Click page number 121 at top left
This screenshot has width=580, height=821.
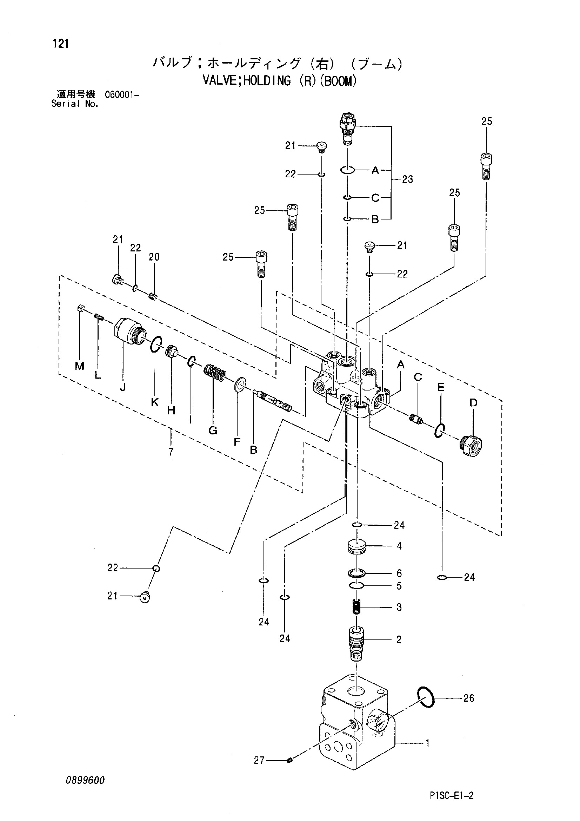point(61,44)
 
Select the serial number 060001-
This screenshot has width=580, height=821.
point(122,95)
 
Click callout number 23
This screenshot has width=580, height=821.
point(407,179)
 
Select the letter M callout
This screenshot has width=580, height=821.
point(79,366)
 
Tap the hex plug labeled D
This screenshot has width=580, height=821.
point(471,445)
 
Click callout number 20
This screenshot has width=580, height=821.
point(154,257)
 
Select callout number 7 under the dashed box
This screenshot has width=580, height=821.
point(171,452)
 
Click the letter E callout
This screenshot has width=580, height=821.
point(441,388)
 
